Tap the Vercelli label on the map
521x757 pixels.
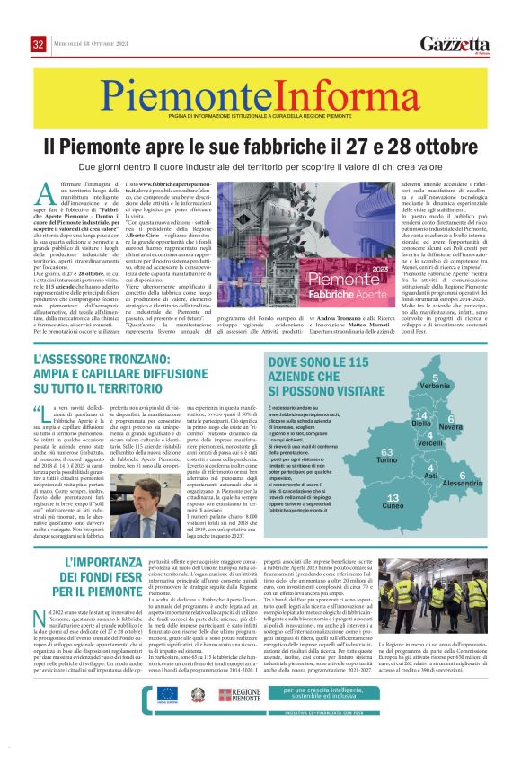click(430, 444)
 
